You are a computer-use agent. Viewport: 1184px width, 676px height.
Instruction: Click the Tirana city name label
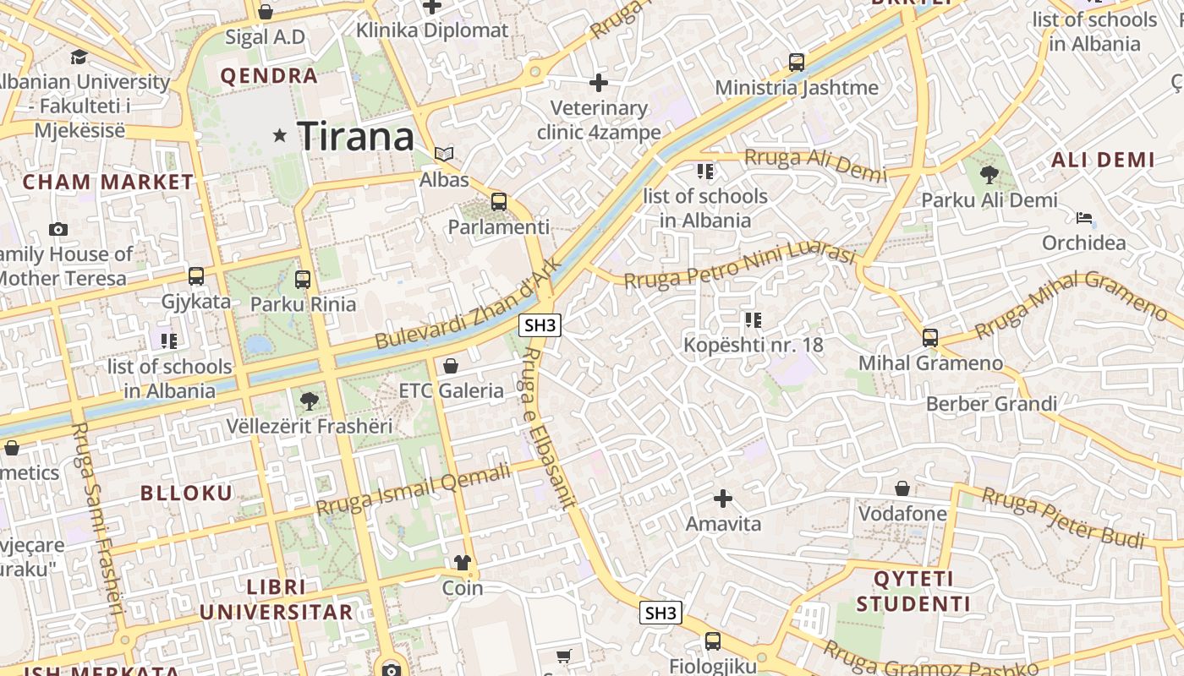click(x=356, y=136)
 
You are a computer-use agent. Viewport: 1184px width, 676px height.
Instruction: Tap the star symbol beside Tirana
click(x=280, y=135)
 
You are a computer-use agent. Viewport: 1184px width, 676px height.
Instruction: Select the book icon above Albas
click(x=444, y=154)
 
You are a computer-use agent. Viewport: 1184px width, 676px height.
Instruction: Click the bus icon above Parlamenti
click(x=499, y=202)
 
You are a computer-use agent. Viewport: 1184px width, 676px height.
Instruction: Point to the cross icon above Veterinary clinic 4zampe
click(x=599, y=83)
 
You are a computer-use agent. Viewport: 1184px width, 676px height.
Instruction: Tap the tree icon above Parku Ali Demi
click(x=989, y=175)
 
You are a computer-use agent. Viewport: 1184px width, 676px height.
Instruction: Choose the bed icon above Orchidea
click(x=1083, y=218)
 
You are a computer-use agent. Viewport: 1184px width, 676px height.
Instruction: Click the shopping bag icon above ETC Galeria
click(x=451, y=366)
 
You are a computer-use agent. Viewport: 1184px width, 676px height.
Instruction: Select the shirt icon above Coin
click(x=462, y=563)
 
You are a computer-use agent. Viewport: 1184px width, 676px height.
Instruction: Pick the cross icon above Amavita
click(x=723, y=499)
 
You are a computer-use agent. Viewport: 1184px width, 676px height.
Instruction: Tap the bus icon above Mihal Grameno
click(x=930, y=338)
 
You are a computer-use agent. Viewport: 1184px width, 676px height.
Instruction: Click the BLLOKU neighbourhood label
click(x=186, y=493)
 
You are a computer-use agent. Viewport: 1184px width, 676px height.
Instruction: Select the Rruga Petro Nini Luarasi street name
click(x=740, y=264)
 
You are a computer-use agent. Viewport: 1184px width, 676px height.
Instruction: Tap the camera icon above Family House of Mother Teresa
click(x=58, y=229)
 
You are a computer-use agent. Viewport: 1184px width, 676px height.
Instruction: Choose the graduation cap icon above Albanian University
click(x=79, y=57)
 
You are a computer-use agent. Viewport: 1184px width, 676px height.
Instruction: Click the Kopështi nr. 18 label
click(x=753, y=345)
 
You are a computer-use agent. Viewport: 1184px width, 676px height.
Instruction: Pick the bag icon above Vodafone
click(x=902, y=488)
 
